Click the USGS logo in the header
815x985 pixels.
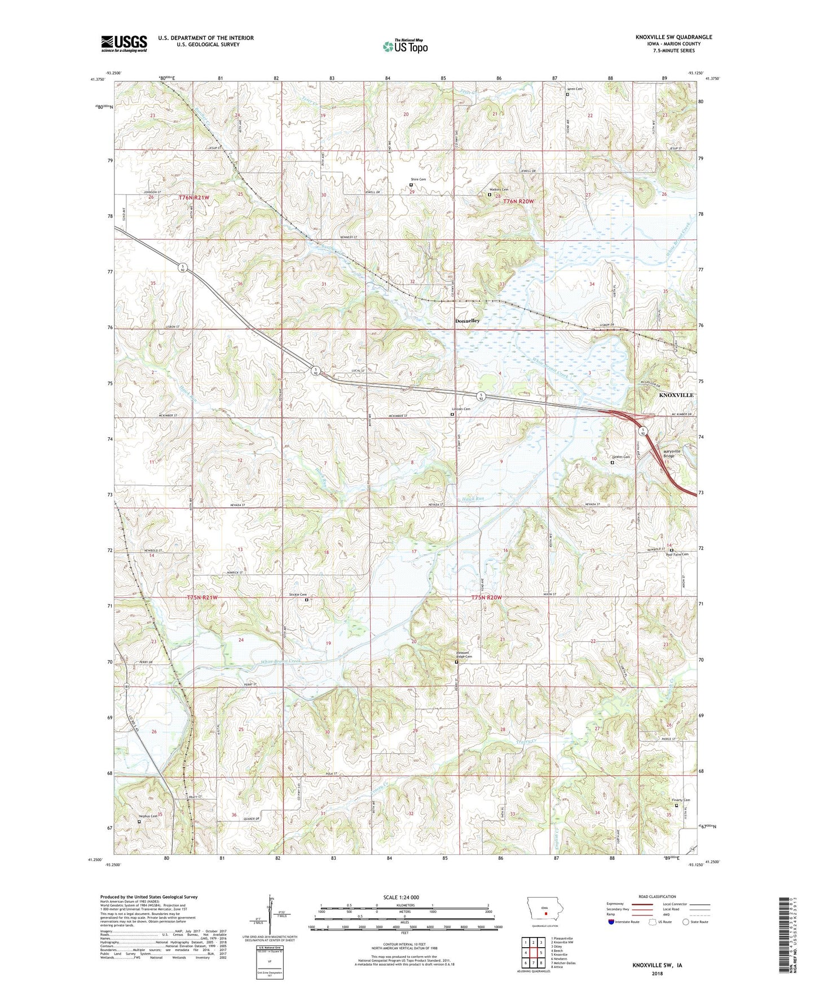pyautogui.click(x=124, y=43)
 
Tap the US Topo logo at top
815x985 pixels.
pyautogui.click(x=405, y=46)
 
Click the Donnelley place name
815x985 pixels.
pyautogui.click(x=468, y=320)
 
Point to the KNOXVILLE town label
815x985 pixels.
pyautogui.click(x=676, y=395)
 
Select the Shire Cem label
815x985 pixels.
pyautogui.click(x=418, y=179)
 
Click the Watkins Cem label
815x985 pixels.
pyautogui.click(x=499, y=190)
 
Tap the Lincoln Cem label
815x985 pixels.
pyautogui.click(x=461, y=409)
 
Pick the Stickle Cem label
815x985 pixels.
pyautogui.click(x=298, y=595)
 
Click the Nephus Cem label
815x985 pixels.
pyautogui.click(x=148, y=816)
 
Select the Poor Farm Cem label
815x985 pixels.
pyautogui.click(x=677, y=555)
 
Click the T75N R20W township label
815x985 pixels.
pyautogui.click(x=494, y=597)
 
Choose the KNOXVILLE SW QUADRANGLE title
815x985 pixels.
pyautogui.click(x=673, y=37)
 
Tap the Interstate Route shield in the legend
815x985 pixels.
pyautogui.click(x=612, y=922)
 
